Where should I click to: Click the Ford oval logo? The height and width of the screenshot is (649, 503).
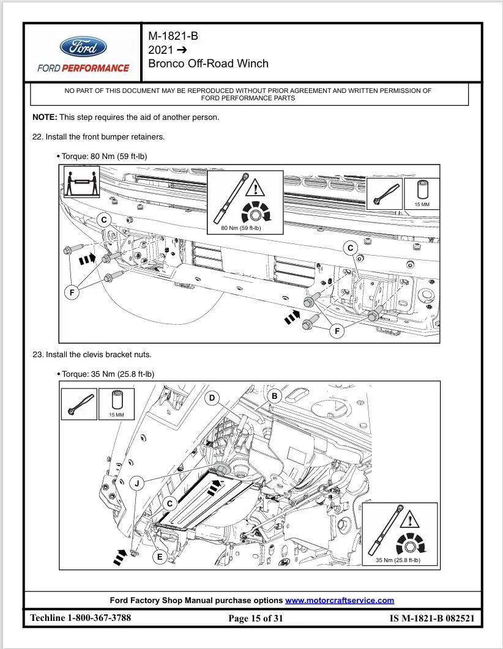83,47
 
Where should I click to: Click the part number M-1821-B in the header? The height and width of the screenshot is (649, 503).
173,36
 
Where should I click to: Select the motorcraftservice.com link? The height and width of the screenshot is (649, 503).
340,600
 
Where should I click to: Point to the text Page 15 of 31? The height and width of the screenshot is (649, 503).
256,618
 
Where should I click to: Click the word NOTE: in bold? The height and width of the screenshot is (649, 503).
45,117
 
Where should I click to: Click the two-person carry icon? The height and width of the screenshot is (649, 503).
82,181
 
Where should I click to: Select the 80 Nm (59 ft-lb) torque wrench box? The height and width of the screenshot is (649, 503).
245,202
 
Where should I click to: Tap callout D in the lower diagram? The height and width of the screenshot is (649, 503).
212,398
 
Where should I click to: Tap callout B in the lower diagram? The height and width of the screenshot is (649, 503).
275,396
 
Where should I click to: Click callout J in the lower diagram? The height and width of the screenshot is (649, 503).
137,484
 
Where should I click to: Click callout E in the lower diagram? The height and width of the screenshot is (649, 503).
160,557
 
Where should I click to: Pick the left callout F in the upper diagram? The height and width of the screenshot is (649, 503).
72,292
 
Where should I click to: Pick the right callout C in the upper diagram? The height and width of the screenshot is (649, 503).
351,248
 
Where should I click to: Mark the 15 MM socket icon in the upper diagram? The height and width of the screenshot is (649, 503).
422,193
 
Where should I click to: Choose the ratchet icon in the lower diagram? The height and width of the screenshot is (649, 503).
79,404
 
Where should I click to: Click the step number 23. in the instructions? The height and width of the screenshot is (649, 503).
38,354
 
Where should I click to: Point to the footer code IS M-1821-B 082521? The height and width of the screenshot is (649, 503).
431,618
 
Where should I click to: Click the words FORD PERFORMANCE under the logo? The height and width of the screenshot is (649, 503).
83,68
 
